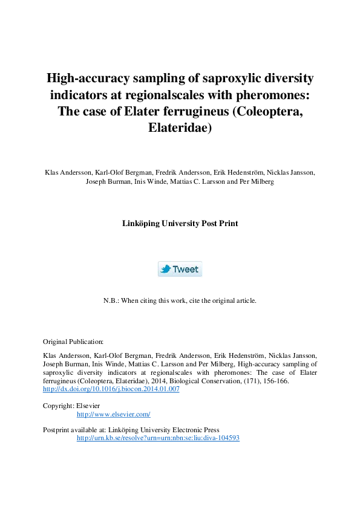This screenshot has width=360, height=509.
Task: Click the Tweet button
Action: coord(180,269)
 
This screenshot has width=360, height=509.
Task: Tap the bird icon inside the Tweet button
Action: coord(165,269)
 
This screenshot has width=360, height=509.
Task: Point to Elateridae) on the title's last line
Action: coord(180,129)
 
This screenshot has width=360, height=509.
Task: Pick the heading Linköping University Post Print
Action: coord(180,223)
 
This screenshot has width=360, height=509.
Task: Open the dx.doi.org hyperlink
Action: coord(111,389)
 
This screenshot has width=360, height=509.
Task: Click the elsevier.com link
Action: coord(113,414)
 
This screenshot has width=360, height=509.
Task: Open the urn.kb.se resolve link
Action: coord(158,438)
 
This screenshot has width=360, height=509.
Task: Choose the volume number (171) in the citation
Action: coord(253,381)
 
